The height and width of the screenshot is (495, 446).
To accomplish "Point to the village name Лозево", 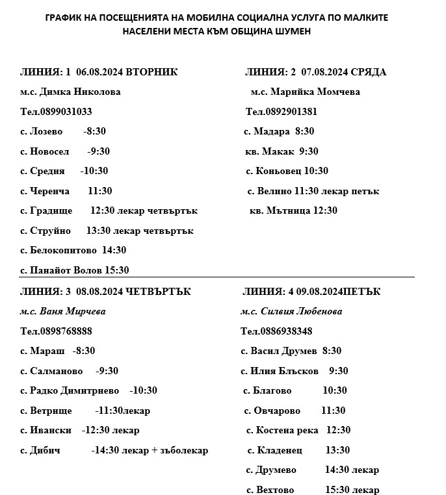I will [x=46, y=131].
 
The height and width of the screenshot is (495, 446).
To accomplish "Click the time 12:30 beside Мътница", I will [x=325, y=210].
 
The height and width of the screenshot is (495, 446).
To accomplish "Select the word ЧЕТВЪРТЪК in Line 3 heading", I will [x=159, y=292].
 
